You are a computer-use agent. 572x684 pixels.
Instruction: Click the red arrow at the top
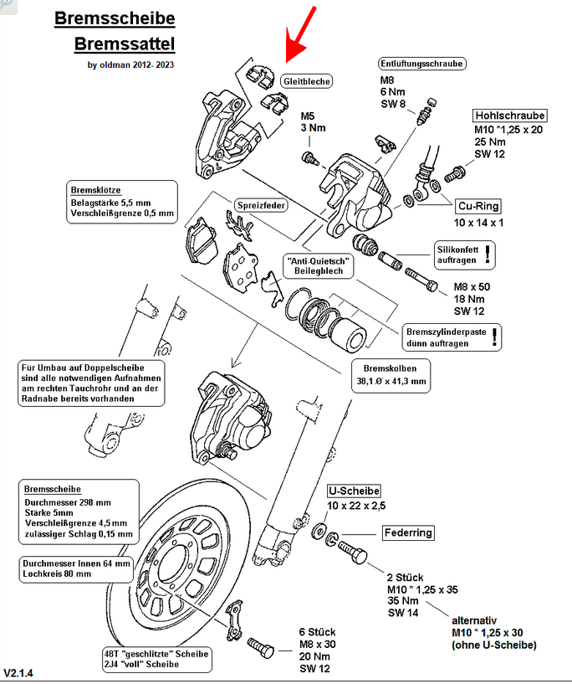pyautogui.click(x=300, y=34)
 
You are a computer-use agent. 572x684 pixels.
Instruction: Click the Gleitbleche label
pyautogui.click(x=306, y=81)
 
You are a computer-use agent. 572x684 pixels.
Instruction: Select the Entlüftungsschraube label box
pyautogui.click(x=421, y=63)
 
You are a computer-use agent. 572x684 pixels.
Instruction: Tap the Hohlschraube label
pyautogui.click(x=510, y=116)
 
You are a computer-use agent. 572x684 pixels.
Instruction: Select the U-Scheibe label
pyautogui.click(x=354, y=491)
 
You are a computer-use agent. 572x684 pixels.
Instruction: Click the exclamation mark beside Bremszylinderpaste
pyautogui.click(x=498, y=337)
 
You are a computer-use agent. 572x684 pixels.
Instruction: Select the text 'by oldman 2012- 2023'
pyautogui.click(x=131, y=64)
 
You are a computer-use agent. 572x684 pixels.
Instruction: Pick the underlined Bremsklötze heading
pyautogui.click(x=91, y=188)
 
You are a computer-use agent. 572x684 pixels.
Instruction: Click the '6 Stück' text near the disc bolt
pyautogui.click(x=317, y=632)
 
